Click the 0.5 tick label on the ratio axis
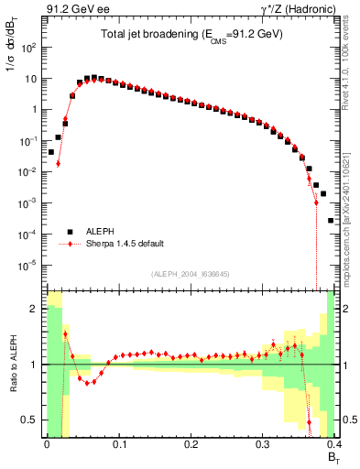pos(30,420)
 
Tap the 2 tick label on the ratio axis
pos(36,309)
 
